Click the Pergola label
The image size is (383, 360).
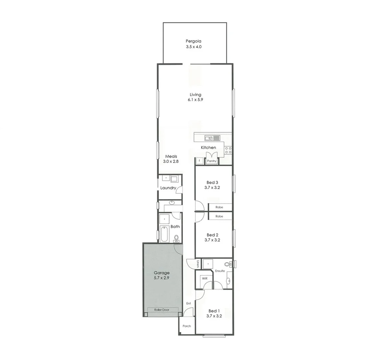coord(193,41)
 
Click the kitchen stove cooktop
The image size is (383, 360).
coord(228,150)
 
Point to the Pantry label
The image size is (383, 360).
coord(212,161)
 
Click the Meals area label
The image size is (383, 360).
coord(171,156)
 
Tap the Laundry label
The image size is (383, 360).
coord(168,188)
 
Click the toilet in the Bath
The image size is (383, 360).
coord(176,238)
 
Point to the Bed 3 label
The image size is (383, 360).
coord(212,182)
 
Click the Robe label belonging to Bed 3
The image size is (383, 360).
coord(219,207)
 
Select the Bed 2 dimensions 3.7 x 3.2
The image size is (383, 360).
coord(212,240)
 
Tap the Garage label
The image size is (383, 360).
coord(161,273)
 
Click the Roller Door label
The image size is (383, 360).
coord(162,310)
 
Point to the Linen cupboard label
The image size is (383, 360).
coord(198,263)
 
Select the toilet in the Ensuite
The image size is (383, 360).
coord(228,264)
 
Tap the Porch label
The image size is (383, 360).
coord(187,326)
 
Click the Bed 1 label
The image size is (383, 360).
coord(214,311)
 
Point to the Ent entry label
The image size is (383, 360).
coord(188,303)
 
